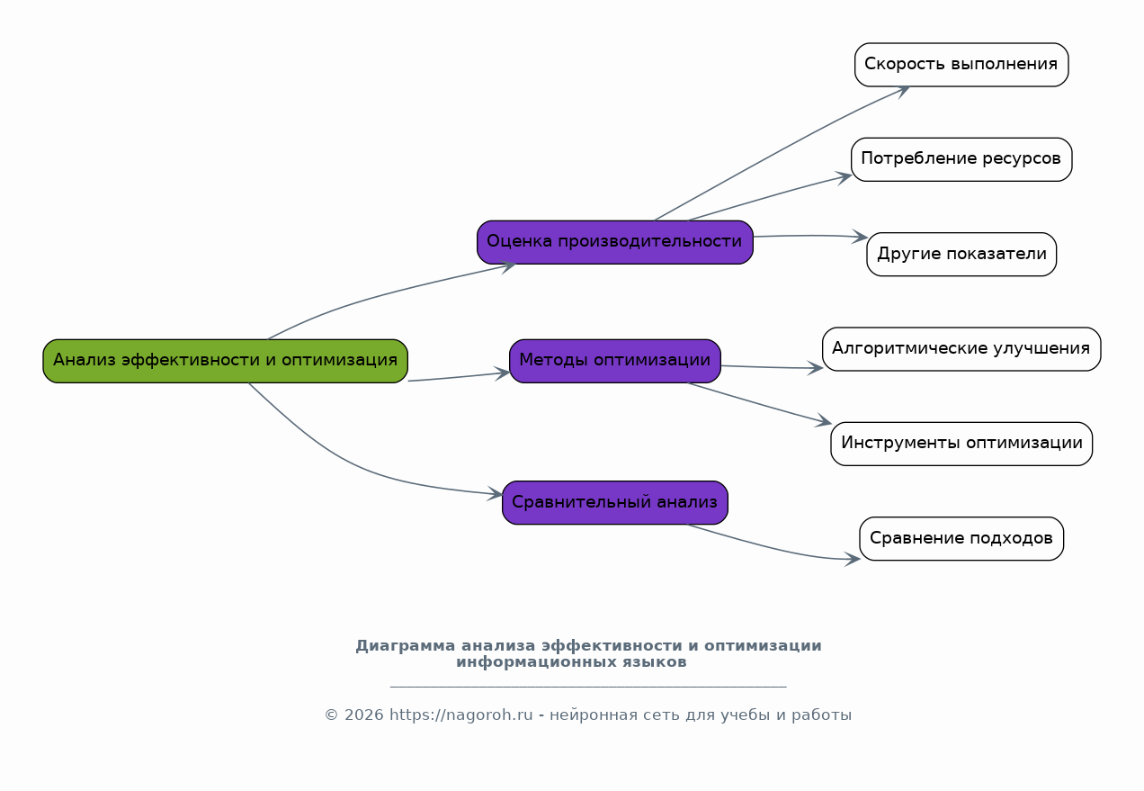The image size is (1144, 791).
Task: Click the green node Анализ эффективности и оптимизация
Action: (225, 361)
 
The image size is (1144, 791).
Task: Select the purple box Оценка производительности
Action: (615, 242)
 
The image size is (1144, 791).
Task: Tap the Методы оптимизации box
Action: (615, 361)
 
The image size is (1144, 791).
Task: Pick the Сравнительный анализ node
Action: (615, 502)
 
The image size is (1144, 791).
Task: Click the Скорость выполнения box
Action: (961, 65)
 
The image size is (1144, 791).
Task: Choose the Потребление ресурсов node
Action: (961, 159)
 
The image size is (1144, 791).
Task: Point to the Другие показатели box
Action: (961, 255)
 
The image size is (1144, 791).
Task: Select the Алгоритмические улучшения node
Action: (961, 349)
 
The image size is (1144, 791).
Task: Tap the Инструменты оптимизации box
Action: (961, 444)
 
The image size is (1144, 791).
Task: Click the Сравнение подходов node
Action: (961, 538)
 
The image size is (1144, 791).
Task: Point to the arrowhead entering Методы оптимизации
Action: (502, 373)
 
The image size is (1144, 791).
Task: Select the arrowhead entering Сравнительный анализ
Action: (495, 494)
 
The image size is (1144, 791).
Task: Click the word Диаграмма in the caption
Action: (405, 646)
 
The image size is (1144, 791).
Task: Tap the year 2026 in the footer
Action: (363, 715)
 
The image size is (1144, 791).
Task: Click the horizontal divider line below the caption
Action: (588, 687)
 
